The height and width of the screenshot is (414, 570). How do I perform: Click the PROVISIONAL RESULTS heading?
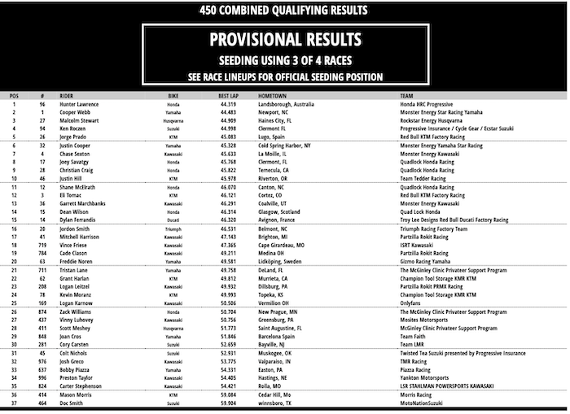click(x=284, y=39)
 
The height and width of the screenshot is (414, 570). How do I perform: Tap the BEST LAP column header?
click(x=228, y=96)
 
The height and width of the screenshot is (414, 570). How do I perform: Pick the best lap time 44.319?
click(x=228, y=104)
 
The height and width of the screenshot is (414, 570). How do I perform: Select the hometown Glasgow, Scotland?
click(x=282, y=211)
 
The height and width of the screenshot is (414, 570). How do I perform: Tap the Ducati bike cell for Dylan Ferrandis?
click(x=174, y=220)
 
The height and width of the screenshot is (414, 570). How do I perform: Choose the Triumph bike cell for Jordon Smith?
click(x=174, y=229)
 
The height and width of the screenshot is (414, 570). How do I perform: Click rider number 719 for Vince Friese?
click(x=42, y=245)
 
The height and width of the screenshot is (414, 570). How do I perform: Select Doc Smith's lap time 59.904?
click(x=228, y=403)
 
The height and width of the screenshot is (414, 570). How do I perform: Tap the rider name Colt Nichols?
click(x=72, y=354)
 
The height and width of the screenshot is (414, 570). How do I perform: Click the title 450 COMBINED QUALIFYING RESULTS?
click(x=284, y=11)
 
